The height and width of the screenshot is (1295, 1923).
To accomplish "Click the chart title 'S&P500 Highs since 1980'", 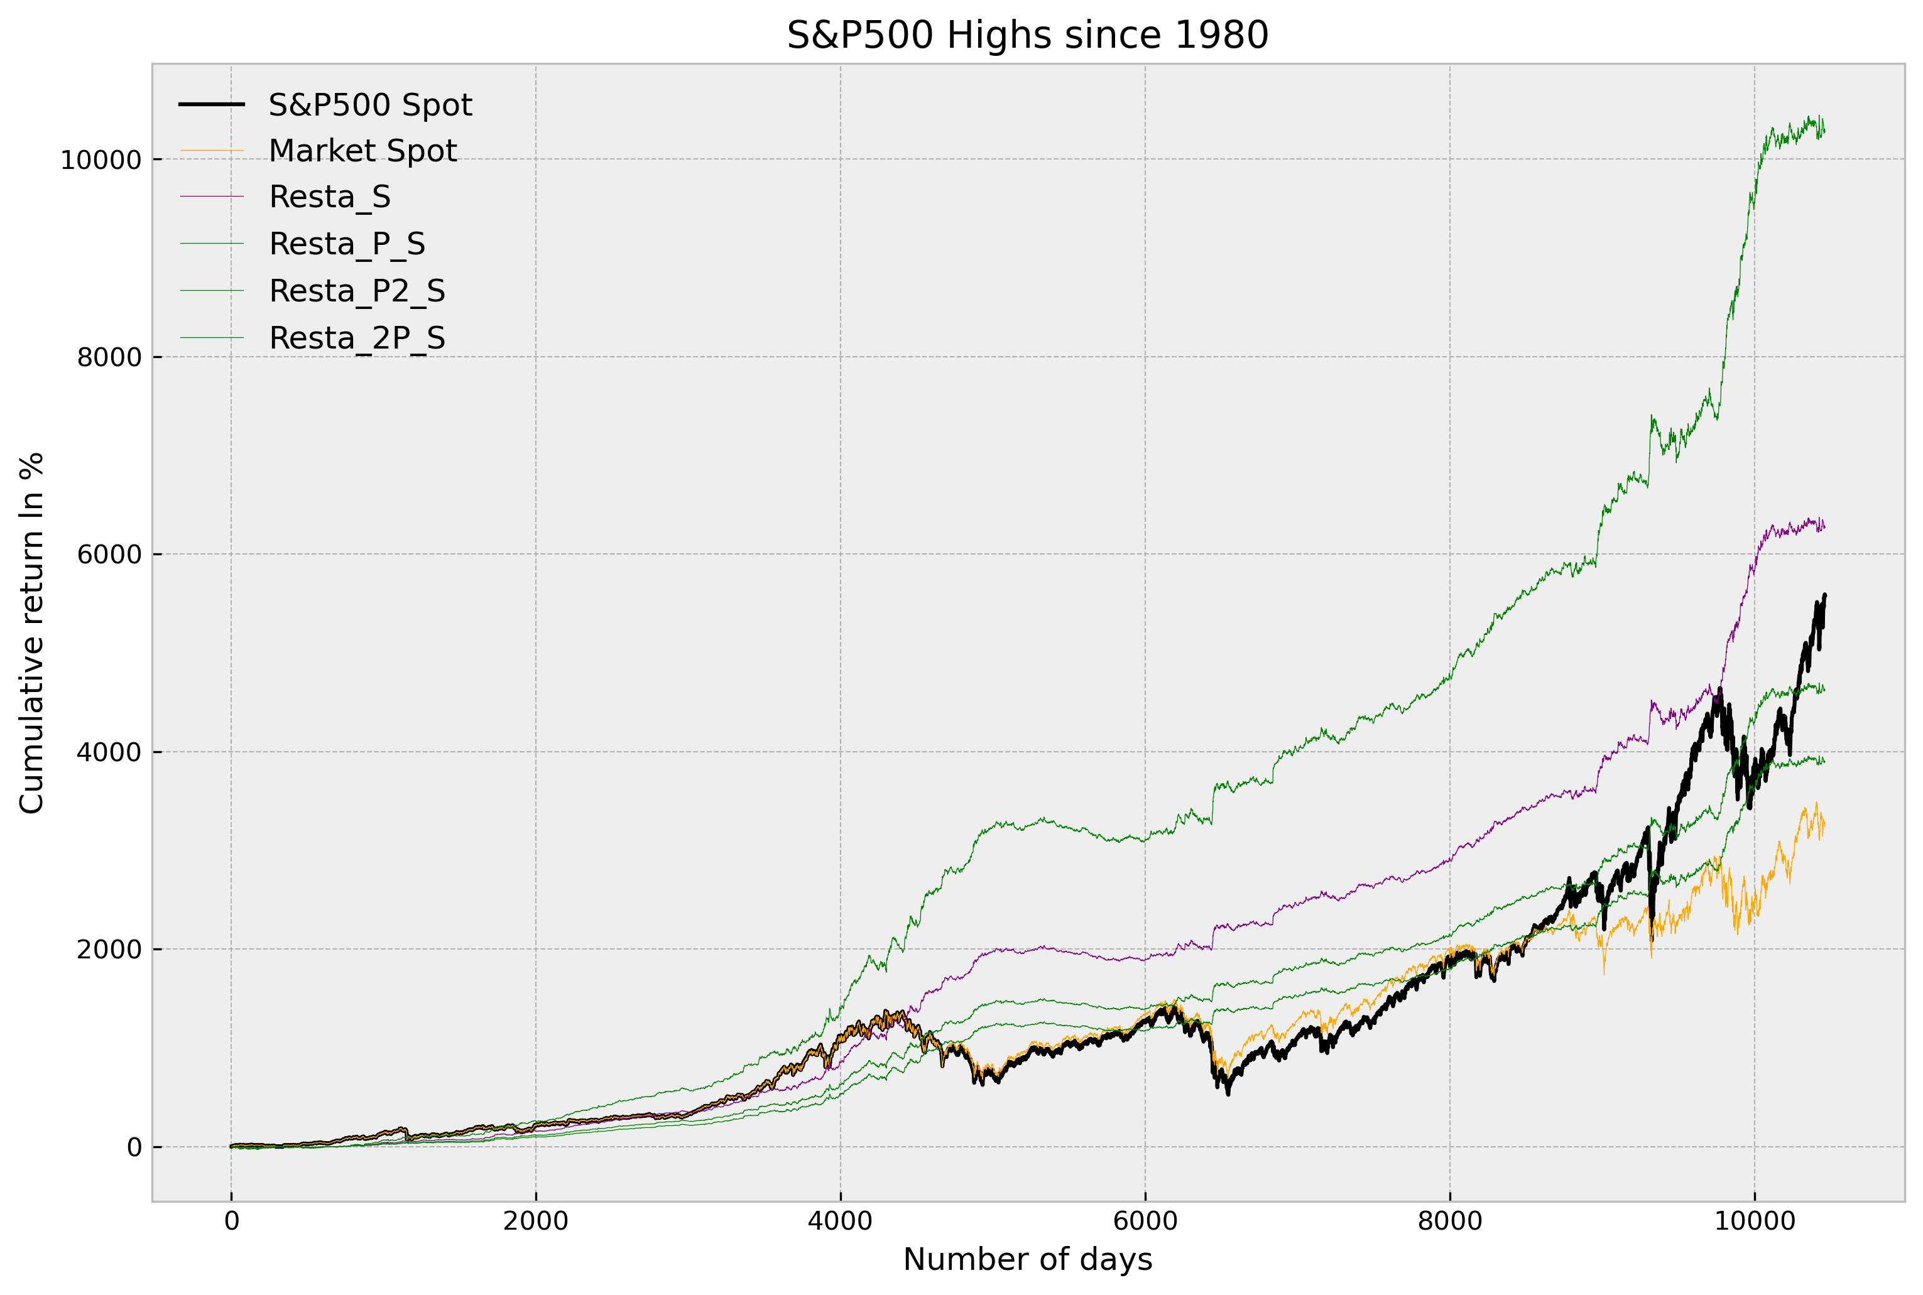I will (1027, 36).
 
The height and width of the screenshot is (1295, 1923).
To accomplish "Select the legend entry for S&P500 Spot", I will (370, 105).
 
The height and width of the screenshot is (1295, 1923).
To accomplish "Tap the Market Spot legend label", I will (362, 151).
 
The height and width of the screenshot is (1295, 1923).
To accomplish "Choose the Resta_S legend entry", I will (330, 197).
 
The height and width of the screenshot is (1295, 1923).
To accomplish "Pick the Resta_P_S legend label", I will (347, 244).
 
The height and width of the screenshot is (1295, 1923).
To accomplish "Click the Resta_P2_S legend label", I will (357, 291).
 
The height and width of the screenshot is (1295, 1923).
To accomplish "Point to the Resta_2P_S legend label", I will (357, 339).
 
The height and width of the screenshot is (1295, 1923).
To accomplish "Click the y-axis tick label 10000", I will (101, 160).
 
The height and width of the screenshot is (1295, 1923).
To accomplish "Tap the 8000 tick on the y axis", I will (109, 357).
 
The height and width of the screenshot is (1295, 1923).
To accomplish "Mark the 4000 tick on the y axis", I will (109, 752).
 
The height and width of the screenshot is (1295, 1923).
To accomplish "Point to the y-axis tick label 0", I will (134, 1147).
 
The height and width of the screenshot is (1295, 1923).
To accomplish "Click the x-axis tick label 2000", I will (535, 1222).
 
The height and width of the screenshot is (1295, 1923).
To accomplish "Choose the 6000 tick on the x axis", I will (1145, 1222).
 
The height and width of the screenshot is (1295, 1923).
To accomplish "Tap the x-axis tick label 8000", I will (1450, 1222).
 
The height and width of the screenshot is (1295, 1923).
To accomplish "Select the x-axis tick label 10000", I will (1755, 1222).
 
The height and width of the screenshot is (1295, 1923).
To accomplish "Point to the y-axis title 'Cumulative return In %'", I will (32, 632).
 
